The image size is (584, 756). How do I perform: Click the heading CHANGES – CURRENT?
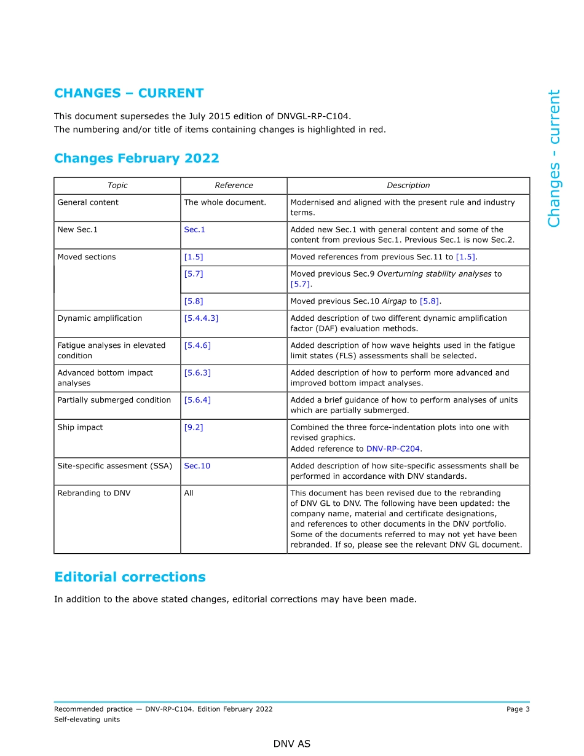pyautogui.click(x=128, y=93)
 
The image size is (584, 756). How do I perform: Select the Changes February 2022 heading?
pyautogui.click(x=136, y=159)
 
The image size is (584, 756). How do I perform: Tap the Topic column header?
pyautogui.click(x=117, y=186)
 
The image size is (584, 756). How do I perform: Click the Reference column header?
pyautogui.click(x=234, y=186)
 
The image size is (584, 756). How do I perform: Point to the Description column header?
pyautogui.click(x=408, y=186)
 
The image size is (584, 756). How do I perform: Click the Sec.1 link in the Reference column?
pyautogui.click(x=194, y=230)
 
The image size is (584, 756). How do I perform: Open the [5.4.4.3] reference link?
pyautogui.click(x=201, y=318)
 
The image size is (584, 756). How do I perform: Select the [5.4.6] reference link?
pyautogui.click(x=197, y=345)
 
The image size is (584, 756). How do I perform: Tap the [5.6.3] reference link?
pyautogui.click(x=197, y=373)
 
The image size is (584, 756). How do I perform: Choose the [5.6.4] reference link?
pyautogui.click(x=197, y=400)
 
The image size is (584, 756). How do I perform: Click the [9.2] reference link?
pyautogui.click(x=193, y=427)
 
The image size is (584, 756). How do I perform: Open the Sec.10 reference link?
pyautogui.click(x=197, y=466)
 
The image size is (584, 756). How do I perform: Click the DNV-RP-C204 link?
pyautogui.click(x=393, y=449)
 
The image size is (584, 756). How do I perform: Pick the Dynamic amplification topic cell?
pyautogui.click(x=100, y=318)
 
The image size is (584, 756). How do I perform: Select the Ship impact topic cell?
pyautogui.click(x=80, y=427)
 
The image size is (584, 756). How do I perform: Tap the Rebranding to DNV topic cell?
pyautogui.click(x=93, y=493)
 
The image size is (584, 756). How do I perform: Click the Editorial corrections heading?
pyautogui.click(x=130, y=577)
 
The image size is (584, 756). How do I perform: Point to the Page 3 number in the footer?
pyautogui.click(x=518, y=709)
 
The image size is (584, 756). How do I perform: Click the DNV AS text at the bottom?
pyautogui.click(x=292, y=744)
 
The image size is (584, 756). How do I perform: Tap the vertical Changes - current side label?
pyautogui.click(x=554, y=158)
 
